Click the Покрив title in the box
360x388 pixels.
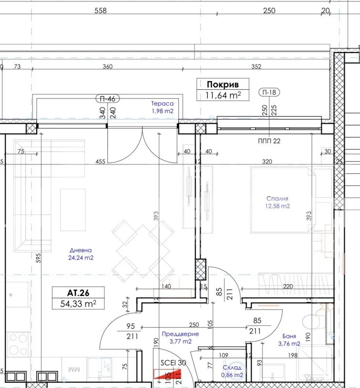[x=223, y=84]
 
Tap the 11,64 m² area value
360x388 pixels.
[x=223, y=95]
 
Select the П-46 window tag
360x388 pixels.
[x=108, y=99]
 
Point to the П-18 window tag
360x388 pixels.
[x=269, y=92]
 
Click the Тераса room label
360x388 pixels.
[x=162, y=104]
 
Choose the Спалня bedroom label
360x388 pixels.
[x=277, y=198]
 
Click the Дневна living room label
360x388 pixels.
[x=81, y=250]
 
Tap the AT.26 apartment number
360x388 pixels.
[x=78, y=293]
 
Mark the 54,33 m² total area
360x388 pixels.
[x=78, y=304]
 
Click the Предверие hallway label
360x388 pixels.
[x=180, y=334]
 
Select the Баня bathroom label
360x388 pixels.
[x=289, y=336]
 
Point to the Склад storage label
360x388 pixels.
[x=232, y=367]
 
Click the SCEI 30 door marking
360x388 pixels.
[x=173, y=363]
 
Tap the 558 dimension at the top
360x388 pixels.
[x=101, y=10]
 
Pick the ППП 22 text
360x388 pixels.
[x=269, y=141]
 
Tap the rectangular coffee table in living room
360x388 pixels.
[x=73, y=210]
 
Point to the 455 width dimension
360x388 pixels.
[x=100, y=161]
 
